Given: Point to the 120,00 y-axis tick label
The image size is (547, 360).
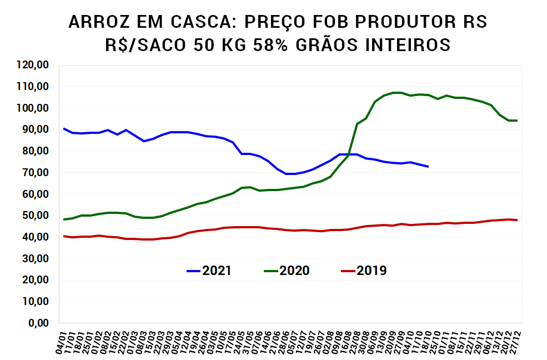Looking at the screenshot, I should click(x=33, y=65).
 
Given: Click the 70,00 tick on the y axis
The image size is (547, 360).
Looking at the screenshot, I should click(x=36, y=173).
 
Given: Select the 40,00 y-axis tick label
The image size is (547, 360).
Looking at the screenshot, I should click(x=36, y=237).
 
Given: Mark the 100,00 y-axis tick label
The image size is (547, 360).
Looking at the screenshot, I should click(x=33, y=108).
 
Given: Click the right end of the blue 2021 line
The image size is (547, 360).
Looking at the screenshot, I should click(x=428, y=166).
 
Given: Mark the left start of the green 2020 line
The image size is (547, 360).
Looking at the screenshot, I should click(x=64, y=219).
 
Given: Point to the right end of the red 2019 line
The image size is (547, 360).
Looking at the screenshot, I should click(x=517, y=220).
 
